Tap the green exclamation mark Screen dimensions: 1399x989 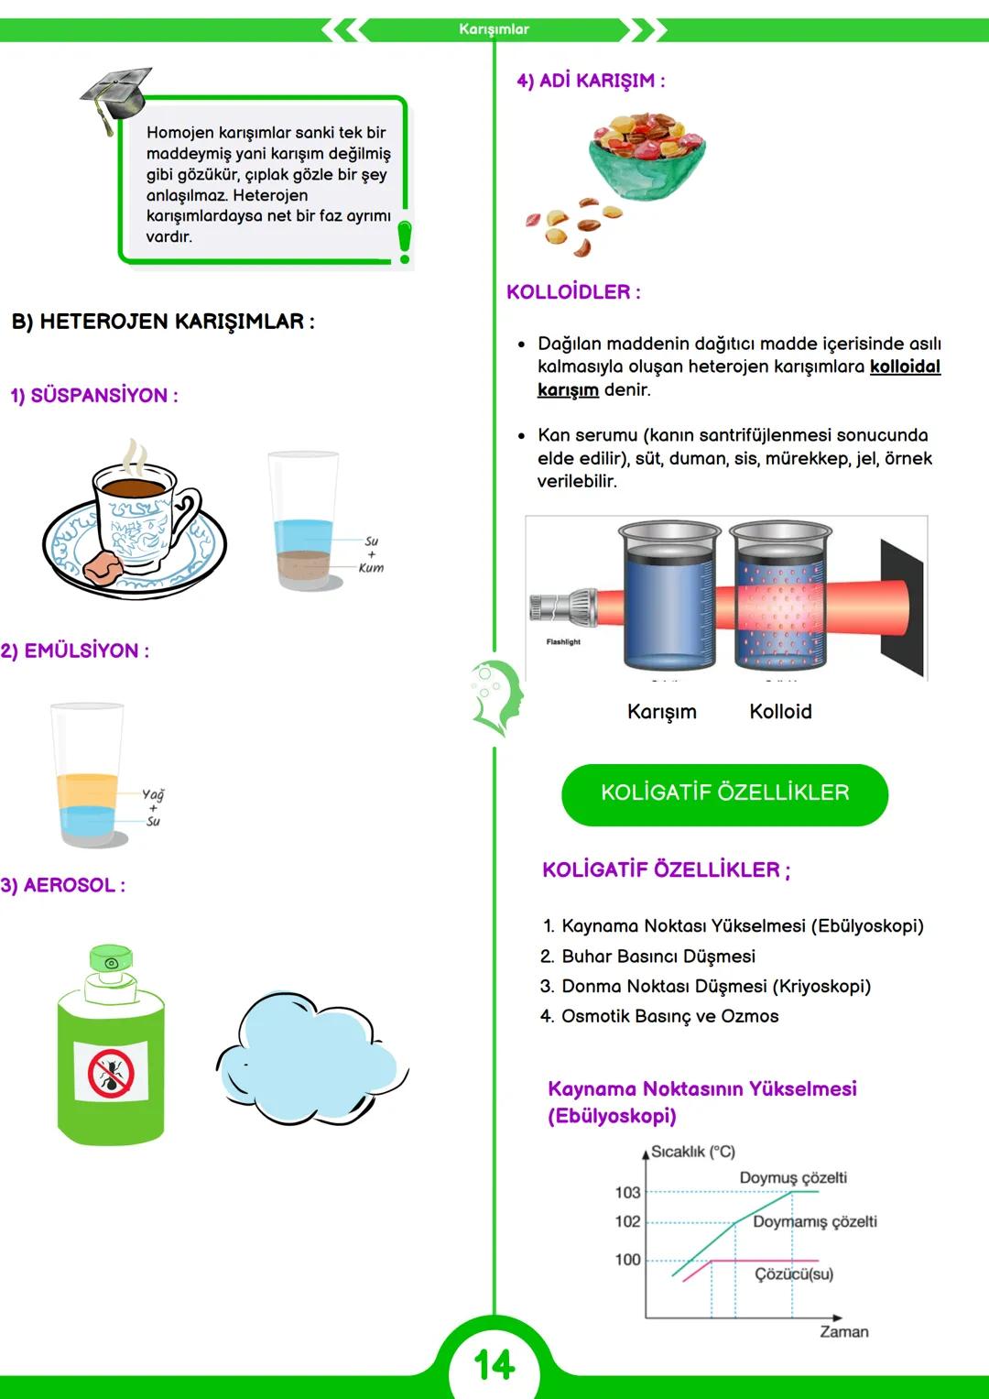point(404,241)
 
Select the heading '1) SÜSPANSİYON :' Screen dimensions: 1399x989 point(94,396)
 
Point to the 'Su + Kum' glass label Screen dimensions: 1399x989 point(371,554)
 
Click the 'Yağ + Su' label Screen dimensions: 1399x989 point(153,808)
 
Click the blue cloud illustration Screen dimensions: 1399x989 point(309,1059)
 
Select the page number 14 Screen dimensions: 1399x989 point(494,1365)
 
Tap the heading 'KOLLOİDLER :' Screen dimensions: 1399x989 point(573,292)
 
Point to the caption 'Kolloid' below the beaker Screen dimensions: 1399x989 point(780,712)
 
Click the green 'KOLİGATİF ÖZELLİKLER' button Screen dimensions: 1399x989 point(724,793)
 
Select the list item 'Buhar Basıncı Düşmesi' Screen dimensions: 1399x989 point(658,956)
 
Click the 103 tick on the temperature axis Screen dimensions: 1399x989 point(628,1192)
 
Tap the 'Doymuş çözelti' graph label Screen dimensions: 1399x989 point(793,1177)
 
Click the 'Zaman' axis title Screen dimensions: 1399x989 point(843,1331)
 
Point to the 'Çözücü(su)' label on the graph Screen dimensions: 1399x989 point(794,1274)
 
